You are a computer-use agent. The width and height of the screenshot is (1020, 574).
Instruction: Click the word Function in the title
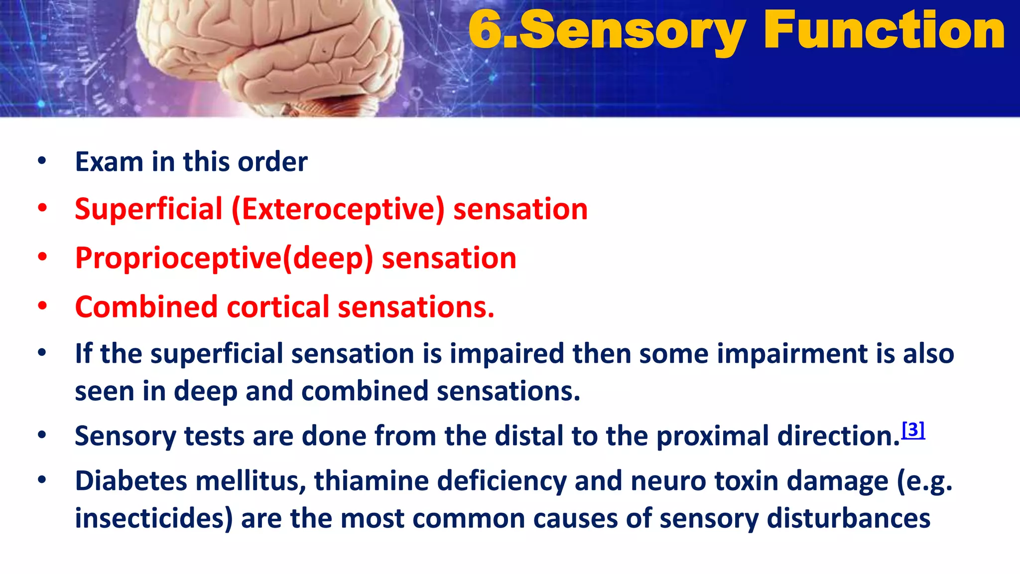(x=884, y=31)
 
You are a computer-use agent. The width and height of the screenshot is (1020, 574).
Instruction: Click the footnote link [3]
(x=913, y=429)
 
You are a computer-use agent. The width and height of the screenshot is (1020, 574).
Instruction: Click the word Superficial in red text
(x=148, y=209)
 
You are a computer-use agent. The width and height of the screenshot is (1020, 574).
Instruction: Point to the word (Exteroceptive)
(x=338, y=209)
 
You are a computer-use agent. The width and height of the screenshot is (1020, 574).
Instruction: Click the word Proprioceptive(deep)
(x=224, y=258)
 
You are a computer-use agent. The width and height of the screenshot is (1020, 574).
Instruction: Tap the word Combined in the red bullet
(x=146, y=306)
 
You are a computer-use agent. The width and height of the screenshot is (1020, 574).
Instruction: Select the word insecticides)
(x=153, y=518)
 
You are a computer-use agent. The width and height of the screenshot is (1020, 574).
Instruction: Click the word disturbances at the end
(x=848, y=518)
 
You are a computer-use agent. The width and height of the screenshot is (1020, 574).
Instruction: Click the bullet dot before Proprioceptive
(x=42, y=258)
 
